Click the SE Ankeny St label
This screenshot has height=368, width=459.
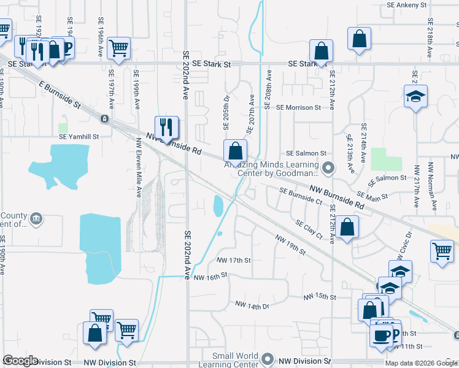(x=406, y=5)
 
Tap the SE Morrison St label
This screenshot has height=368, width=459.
(x=298, y=107)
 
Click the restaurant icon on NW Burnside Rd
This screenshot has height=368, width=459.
(x=166, y=127)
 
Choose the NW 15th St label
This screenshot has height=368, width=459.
(x=320, y=297)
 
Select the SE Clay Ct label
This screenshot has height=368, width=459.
(x=309, y=229)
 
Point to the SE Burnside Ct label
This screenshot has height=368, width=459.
(x=301, y=195)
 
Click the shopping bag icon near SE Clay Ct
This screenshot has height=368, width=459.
(x=347, y=227)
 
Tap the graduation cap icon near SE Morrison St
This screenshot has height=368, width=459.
(x=415, y=97)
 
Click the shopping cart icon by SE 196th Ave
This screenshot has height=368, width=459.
(x=118, y=47)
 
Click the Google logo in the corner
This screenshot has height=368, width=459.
(x=20, y=361)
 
